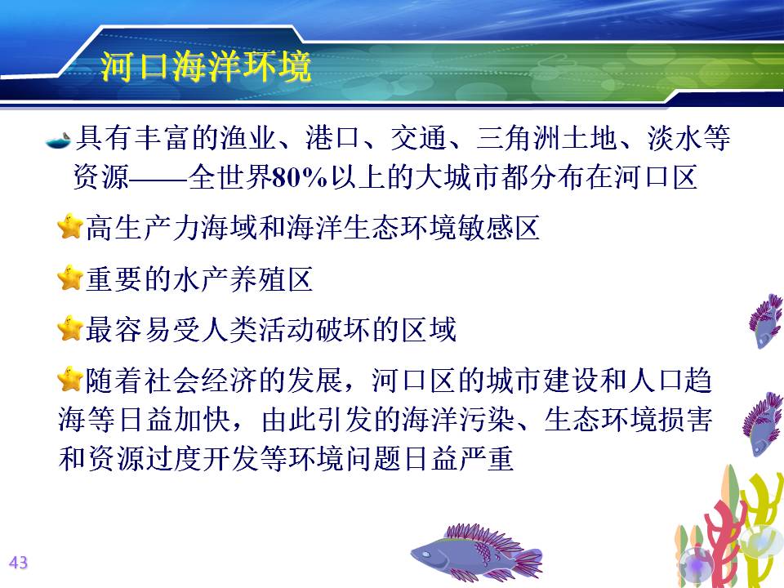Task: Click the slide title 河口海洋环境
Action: [x=206, y=65]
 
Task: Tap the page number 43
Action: [x=19, y=563]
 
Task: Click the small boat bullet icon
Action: [x=59, y=140]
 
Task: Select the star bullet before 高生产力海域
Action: [x=69, y=227]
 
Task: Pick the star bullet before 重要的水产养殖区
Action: [x=69, y=278]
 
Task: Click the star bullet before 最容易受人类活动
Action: [x=69, y=328]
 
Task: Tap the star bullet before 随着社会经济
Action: [x=69, y=380]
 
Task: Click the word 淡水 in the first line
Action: [x=675, y=138]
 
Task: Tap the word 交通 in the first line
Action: [x=418, y=138]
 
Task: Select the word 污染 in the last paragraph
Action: [x=487, y=419]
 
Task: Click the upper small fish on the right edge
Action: [x=765, y=320]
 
